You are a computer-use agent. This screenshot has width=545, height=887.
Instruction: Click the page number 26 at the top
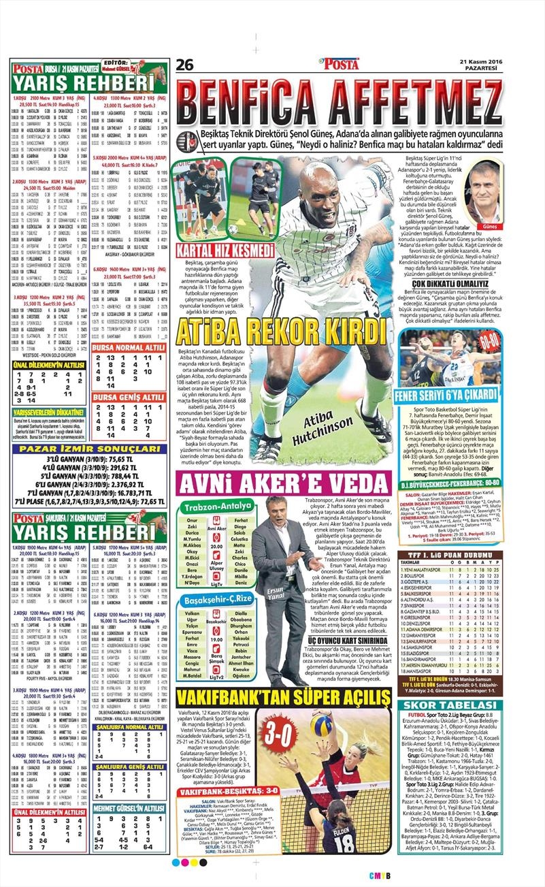(185, 65)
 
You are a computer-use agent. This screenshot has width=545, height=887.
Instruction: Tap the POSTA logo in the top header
(340, 65)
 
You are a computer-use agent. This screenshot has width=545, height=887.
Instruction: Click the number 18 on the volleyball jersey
(345, 842)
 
